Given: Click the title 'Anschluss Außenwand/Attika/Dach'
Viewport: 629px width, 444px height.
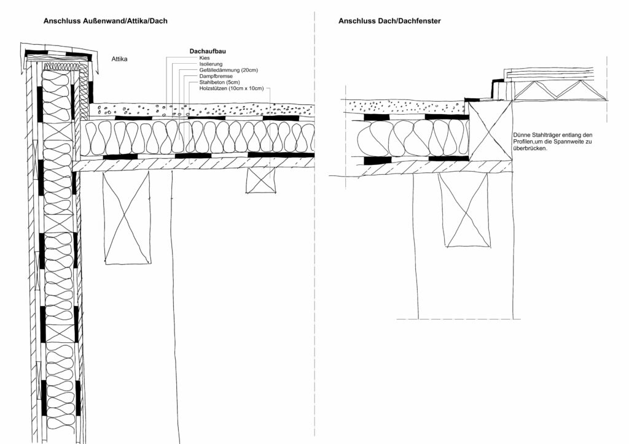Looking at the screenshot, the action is (x=106, y=21).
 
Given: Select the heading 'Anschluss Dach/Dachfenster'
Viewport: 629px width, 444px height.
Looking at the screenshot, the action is (x=389, y=21).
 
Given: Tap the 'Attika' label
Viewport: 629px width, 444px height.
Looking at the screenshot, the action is (x=120, y=59).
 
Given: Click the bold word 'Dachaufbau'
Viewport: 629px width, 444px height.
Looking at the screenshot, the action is (x=208, y=52).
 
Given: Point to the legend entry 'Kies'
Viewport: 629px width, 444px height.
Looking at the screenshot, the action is (x=204, y=58).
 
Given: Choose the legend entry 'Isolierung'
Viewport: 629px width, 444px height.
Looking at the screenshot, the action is (x=211, y=64).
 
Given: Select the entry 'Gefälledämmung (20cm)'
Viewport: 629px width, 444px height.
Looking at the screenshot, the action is (x=229, y=70).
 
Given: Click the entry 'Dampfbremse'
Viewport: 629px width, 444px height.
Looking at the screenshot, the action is (x=216, y=76).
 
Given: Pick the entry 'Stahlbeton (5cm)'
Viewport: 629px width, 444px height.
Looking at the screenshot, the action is (x=219, y=82).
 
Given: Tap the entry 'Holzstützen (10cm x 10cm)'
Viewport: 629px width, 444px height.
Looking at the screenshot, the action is (x=232, y=88).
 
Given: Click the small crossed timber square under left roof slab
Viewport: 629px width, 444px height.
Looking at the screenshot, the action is (x=261, y=180).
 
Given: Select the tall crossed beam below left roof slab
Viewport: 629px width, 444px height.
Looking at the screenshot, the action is (x=127, y=217).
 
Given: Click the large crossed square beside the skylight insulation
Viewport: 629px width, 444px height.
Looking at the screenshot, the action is (x=490, y=131).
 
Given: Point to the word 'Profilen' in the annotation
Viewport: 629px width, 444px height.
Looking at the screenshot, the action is (x=523, y=142).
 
